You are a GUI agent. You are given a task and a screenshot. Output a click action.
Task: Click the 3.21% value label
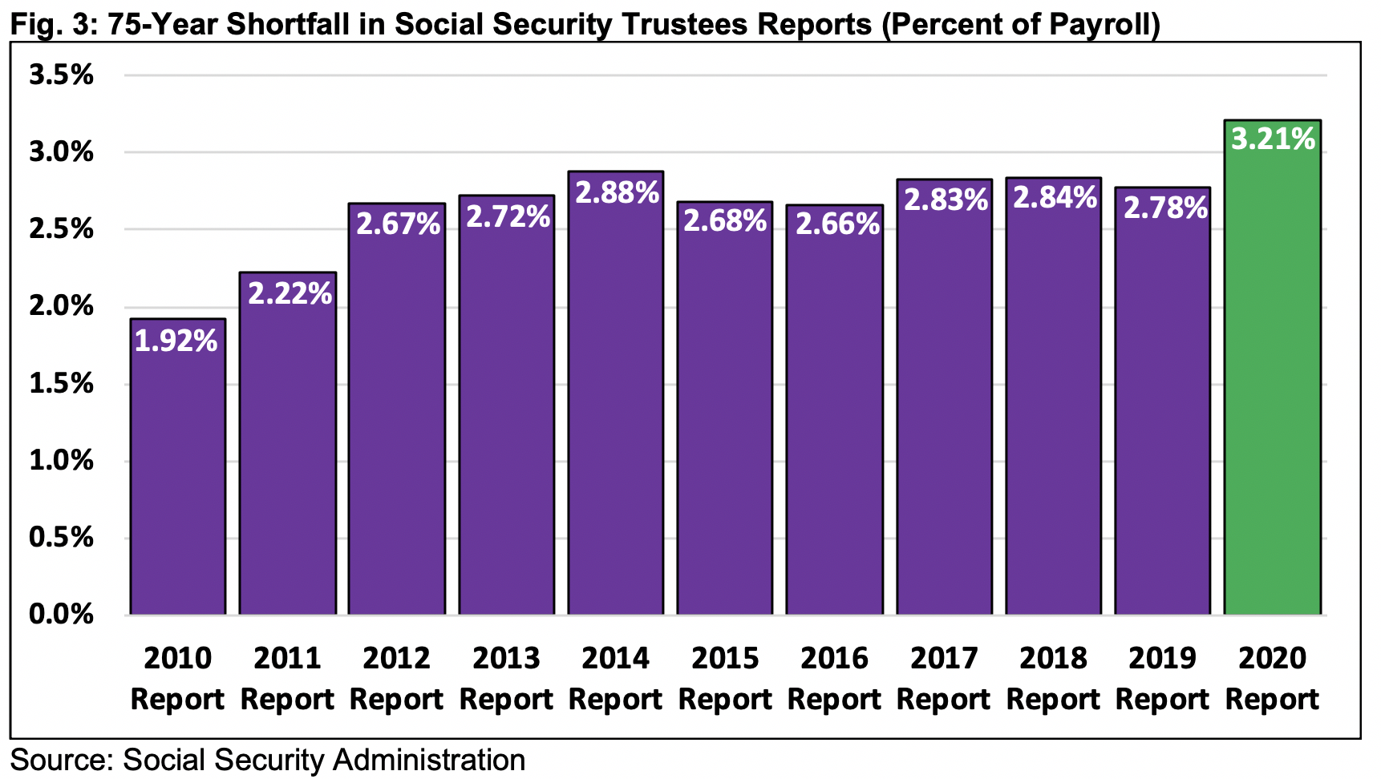pos(1274,139)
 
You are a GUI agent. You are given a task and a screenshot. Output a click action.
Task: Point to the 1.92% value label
pos(176,341)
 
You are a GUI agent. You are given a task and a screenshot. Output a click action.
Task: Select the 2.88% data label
pos(617,192)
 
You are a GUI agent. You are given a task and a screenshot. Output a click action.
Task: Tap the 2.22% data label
pos(290,293)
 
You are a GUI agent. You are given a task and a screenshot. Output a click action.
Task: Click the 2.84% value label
pos(1055,197)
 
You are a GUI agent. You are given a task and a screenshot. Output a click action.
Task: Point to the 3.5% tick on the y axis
pos(61,75)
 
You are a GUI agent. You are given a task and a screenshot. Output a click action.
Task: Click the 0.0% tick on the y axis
pos(61,615)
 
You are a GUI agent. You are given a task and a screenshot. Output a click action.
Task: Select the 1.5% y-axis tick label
pos(61,384)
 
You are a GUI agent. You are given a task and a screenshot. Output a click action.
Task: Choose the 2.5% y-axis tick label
pos(61,230)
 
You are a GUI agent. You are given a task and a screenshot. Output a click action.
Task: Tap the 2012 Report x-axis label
pos(397,678)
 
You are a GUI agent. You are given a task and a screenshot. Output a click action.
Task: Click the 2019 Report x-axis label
pos(1162,678)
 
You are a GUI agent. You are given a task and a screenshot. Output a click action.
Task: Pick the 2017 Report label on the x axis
pos(944,678)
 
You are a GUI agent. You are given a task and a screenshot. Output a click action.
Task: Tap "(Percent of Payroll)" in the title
pos(1020,24)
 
